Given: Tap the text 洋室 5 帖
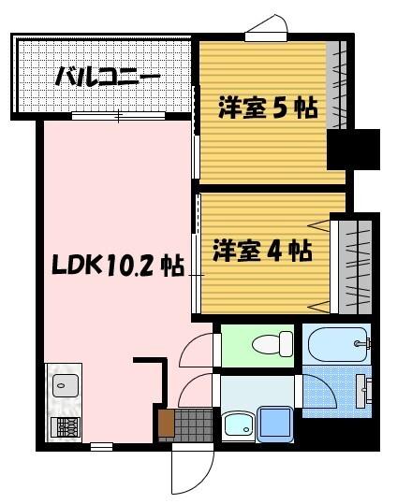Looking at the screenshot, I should pyautogui.click(x=268, y=108).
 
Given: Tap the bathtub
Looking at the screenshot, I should pyautogui.click(x=337, y=347).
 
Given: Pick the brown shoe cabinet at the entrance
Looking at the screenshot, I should pyautogui.click(x=167, y=424).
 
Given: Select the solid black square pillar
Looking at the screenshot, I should pyautogui.click(x=352, y=150).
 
